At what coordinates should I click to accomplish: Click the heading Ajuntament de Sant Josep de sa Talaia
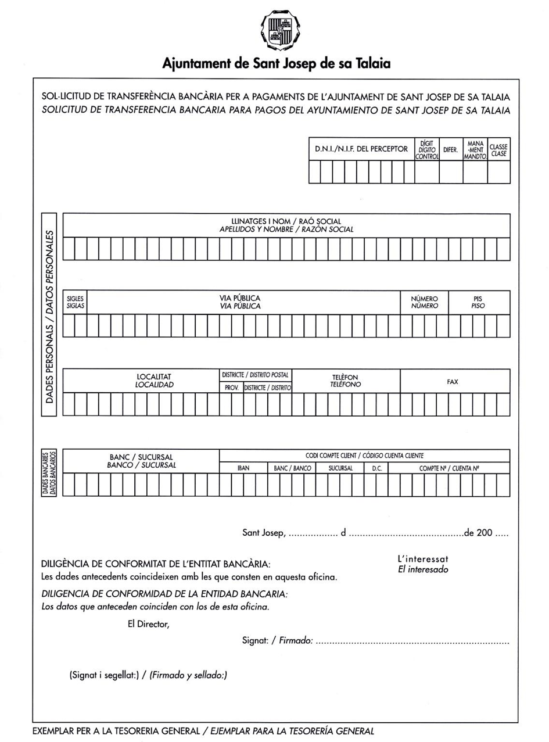[276, 63]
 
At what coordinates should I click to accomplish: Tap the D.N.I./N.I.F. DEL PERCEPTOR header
[361, 149]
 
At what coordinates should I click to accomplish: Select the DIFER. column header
[451, 150]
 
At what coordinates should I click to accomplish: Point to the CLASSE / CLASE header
[498, 150]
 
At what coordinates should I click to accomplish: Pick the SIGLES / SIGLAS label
[75, 302]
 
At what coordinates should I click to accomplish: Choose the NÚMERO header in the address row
[424, 302]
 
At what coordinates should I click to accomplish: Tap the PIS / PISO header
[479, 302]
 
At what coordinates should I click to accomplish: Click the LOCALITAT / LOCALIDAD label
[154, 381]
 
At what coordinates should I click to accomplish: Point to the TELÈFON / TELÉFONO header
[346, 381]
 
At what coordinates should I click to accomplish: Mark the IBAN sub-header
[243, 468]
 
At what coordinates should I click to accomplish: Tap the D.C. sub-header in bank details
[375, 468]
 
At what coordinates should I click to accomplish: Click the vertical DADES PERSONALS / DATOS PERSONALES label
[50, 317]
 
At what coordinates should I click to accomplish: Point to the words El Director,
[148, 624]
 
